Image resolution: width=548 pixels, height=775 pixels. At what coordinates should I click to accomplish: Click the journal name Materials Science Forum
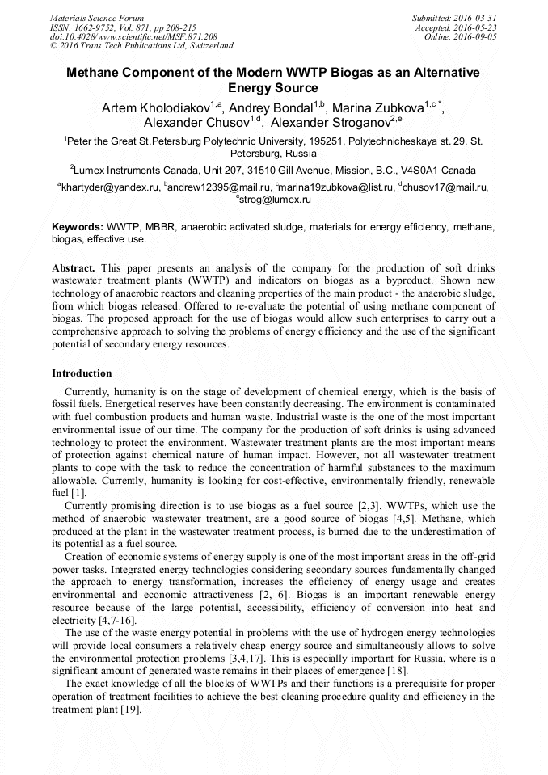point(97,18)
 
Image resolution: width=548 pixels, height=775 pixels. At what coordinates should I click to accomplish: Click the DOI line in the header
point(134,36)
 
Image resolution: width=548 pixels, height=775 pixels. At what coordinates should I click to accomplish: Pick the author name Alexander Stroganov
point(330,123)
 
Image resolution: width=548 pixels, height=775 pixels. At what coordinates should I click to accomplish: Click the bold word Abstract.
point(74,267)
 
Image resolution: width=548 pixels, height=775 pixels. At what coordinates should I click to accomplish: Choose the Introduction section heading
point(82,373)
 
